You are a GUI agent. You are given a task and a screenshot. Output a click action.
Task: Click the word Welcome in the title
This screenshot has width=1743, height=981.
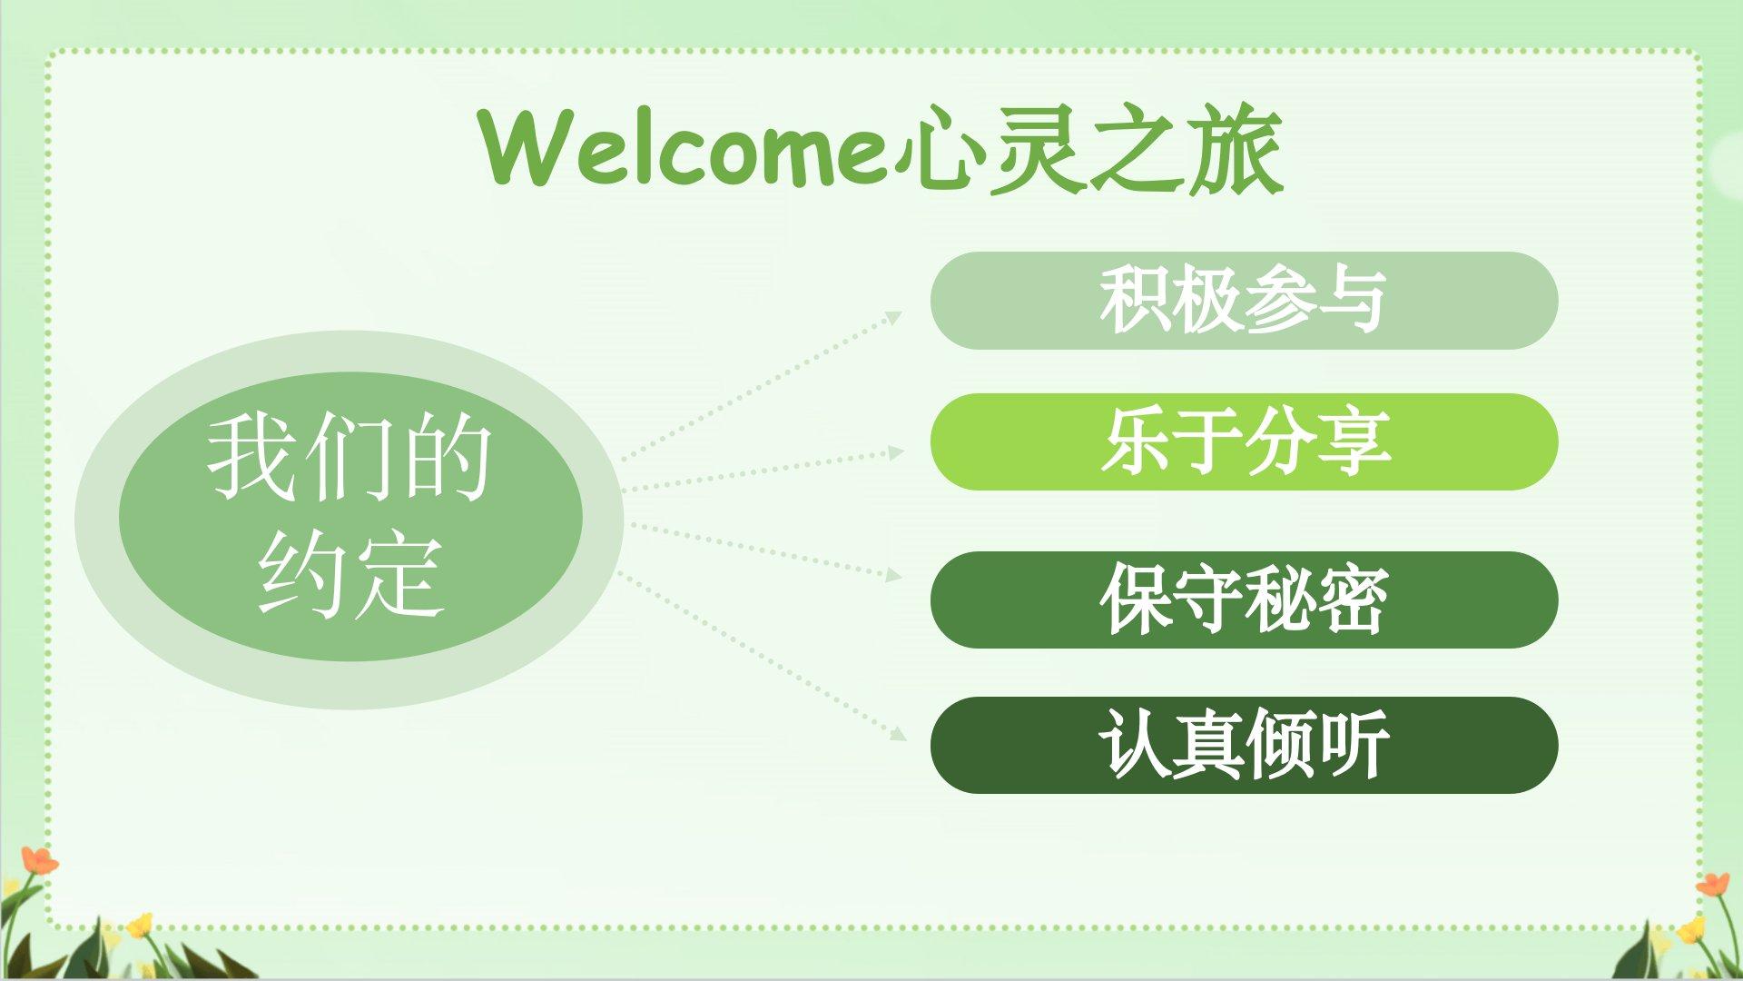(x=684, y=147)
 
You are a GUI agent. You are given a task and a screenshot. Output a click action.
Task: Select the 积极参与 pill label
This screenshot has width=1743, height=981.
(x=1244, y=301)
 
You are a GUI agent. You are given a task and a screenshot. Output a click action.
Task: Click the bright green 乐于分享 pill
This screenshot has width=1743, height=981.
(x=1244, y=442)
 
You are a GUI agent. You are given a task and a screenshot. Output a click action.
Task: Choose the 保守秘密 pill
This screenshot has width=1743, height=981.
(x=1244, y=600)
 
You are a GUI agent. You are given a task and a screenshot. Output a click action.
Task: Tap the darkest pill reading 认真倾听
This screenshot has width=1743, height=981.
(x=1244, y=745)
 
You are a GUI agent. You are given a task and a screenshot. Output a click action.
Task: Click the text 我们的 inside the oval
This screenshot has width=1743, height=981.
(x=350, y=457)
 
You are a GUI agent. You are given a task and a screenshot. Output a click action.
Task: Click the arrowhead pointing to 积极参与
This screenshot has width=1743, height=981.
(x=894, y=318)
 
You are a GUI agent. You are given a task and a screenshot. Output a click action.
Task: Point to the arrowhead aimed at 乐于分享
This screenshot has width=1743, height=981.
(x=896, y=451)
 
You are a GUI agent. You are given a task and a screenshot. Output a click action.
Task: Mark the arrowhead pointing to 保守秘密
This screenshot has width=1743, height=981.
(x=894, y=575)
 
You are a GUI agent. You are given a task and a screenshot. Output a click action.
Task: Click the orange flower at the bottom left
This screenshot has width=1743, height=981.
(x=38, y=860)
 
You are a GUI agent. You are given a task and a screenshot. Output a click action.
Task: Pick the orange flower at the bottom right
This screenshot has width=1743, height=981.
(x=1713, y=884)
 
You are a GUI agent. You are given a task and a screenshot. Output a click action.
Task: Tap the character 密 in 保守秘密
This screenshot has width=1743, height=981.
(x=1352, y=600)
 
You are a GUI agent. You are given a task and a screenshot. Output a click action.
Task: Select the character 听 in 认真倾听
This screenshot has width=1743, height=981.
(x=1354, y=745)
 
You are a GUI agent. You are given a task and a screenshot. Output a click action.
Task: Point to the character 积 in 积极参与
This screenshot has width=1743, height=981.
(x=1136, y=301)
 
